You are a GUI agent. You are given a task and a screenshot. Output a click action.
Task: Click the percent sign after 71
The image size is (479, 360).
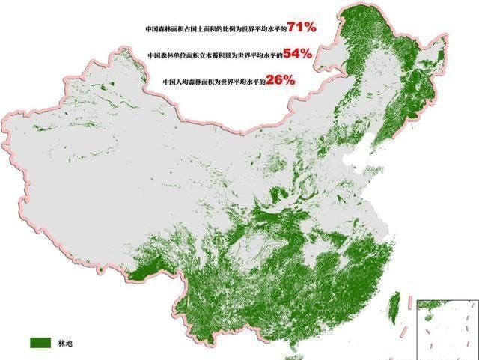[x=310, y=28]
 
